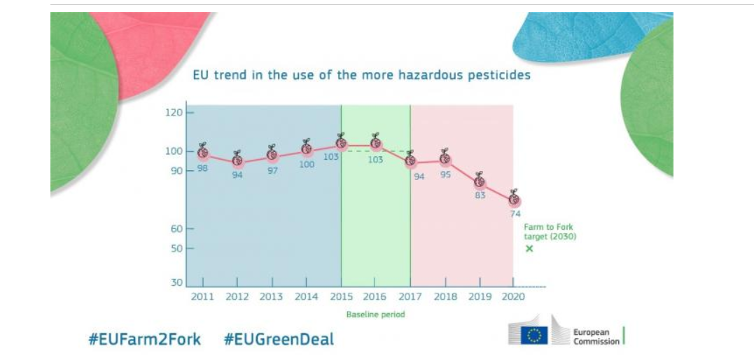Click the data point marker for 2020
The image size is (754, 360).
(x=514, y=199)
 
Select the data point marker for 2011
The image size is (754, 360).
(x=202, y=151)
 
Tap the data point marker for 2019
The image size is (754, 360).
(x=480, y=181)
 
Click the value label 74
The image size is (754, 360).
(x=515, y=214)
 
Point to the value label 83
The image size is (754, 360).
(x=480, y=195)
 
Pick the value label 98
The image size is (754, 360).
(x=202, y=168)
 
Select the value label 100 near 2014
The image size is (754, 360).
(x=307, y=164)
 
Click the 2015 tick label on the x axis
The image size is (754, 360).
(x=341, y=297)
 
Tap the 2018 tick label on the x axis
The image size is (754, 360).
(x=445, y=297)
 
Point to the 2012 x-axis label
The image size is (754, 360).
(x=237, y=297)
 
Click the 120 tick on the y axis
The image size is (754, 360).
(x=174, y=113)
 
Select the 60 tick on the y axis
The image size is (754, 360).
(x=176, y=229)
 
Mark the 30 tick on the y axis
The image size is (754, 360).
(x=176, y=283)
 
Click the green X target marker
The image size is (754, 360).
(x=529, y=249)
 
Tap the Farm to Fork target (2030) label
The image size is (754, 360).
(x=550, y=232)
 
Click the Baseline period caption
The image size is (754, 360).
(x=375, y=314)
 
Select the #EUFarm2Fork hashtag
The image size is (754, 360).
(x=144, y=340)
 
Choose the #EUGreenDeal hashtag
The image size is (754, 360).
(x=279, y=340)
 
